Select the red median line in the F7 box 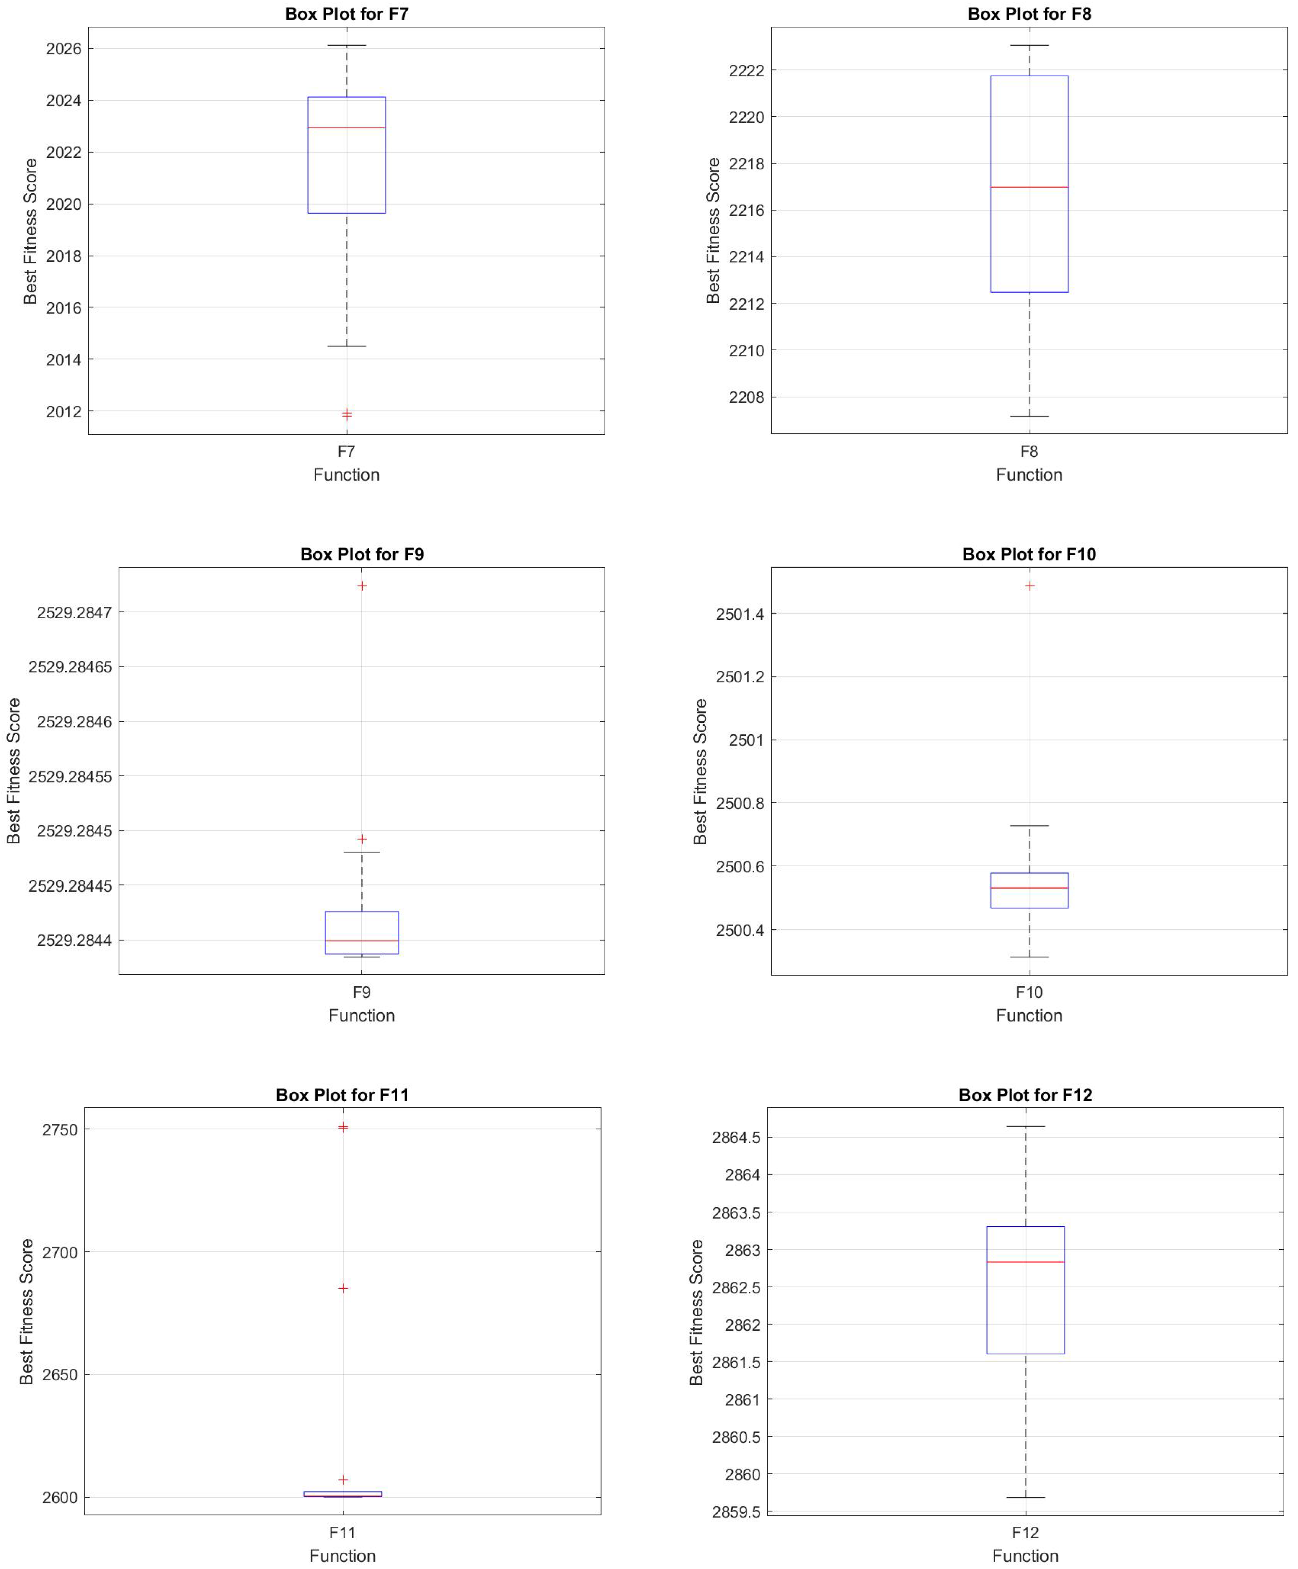point(346,128)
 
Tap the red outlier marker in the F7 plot point(347,414)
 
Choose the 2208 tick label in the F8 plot point(746,397)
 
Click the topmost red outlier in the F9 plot point(362,586)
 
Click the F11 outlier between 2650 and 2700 point(343,1288)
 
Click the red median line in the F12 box point(1025,1262)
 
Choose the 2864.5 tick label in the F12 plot point(735,1138)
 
